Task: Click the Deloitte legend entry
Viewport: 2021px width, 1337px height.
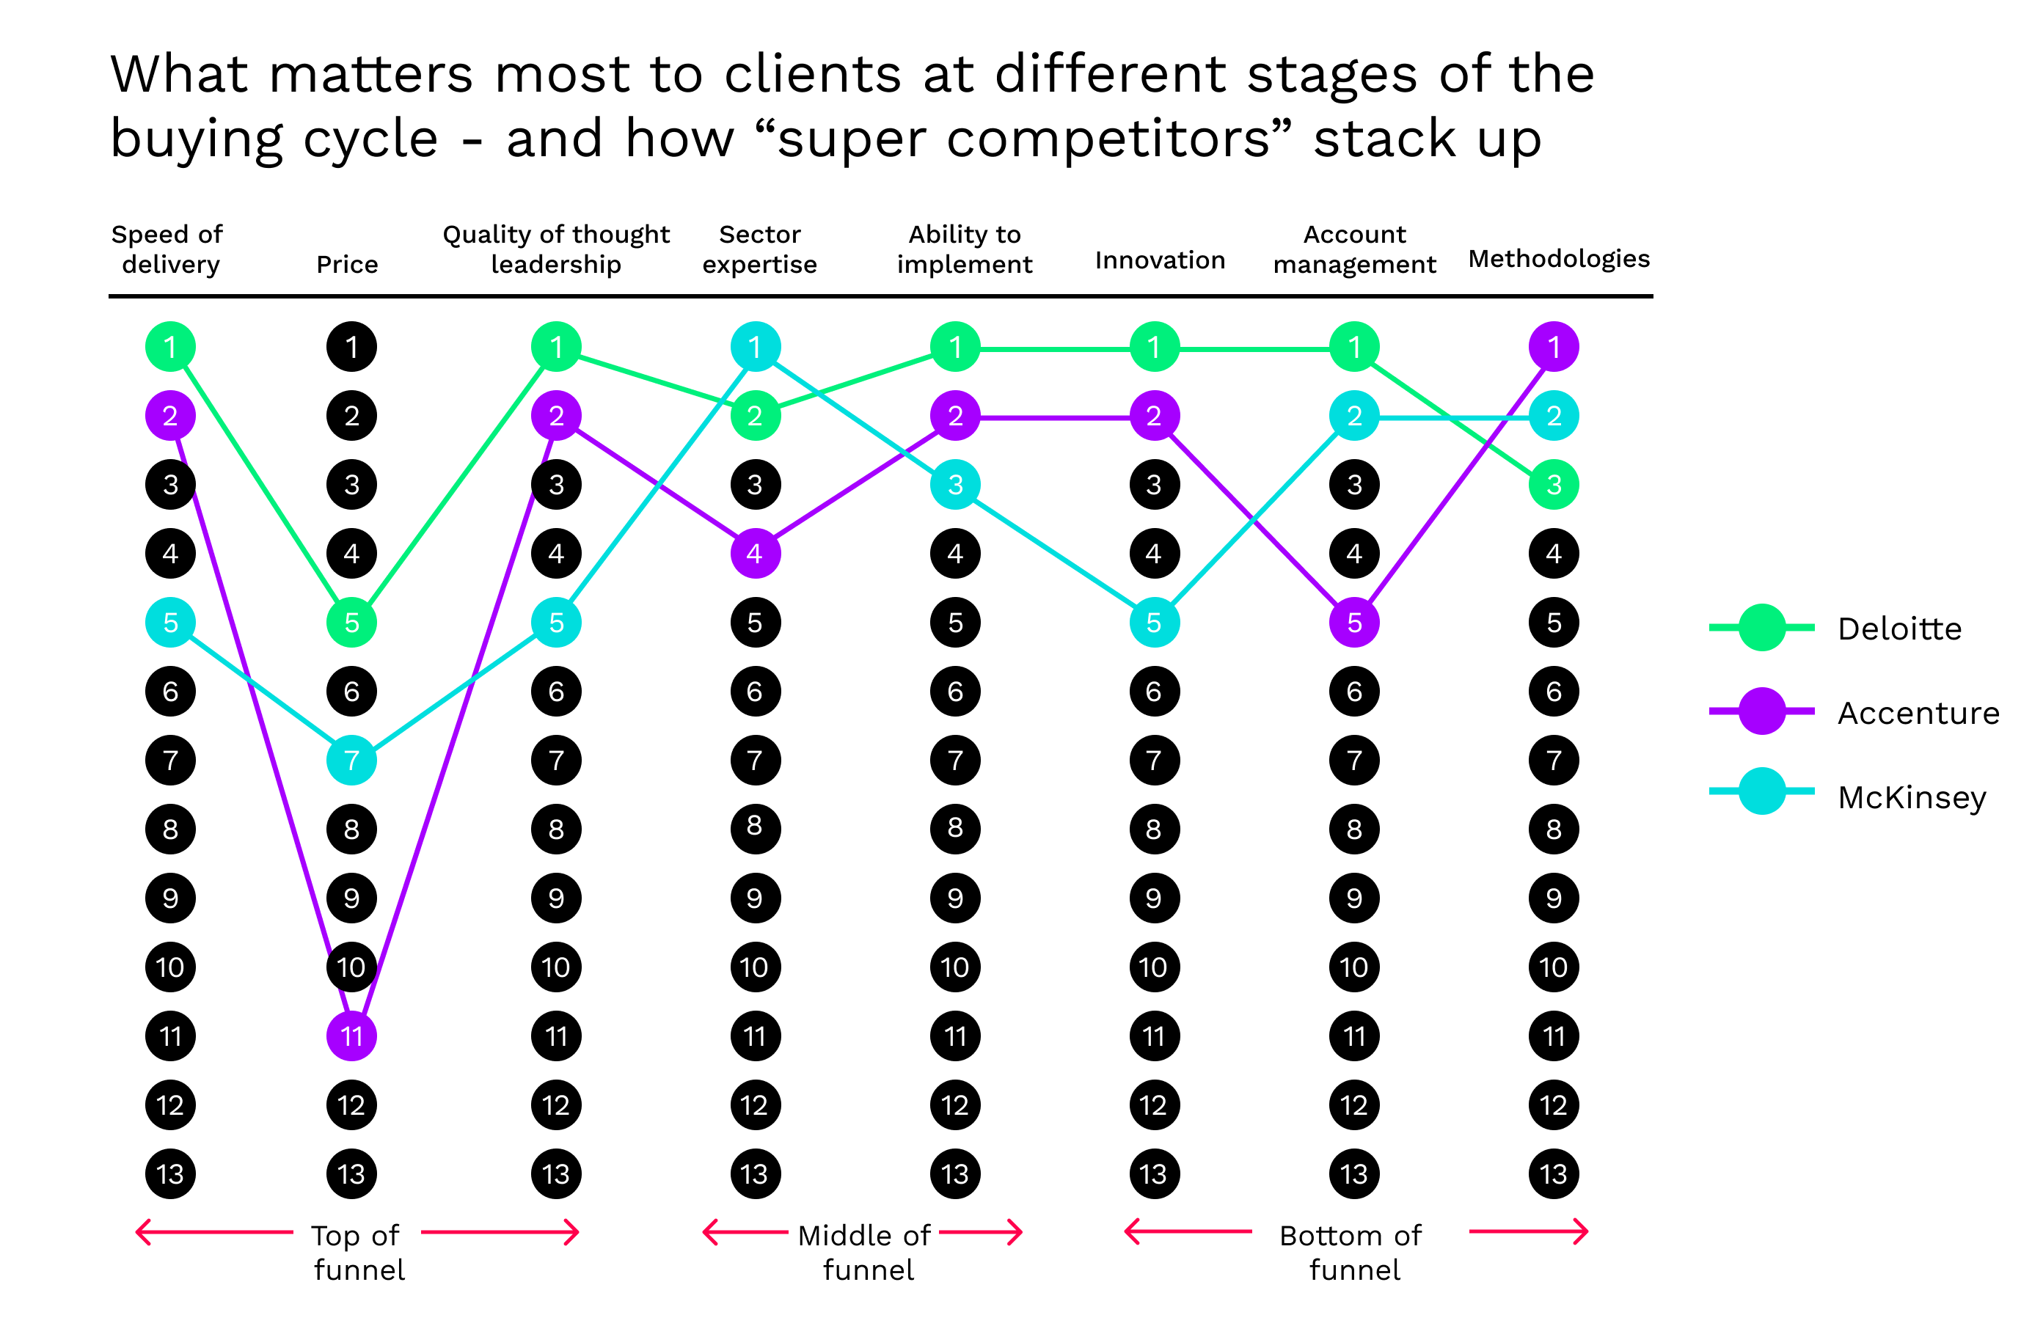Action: click(x=1898, y=629)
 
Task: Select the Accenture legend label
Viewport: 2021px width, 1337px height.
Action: click(x=1918, y=713)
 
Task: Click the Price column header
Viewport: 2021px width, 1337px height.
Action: click(x=347, y=264)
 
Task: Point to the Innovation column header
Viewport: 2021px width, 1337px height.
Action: click(x=1160, y=260)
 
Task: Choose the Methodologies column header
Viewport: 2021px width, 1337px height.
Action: click(x=1559, y=258)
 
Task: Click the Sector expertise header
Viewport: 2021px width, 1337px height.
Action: click(x=759, y=249)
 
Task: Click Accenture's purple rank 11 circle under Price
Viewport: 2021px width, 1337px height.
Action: click(x=351, y=1036)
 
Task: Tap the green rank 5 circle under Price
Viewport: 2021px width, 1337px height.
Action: click(x=351, y=623)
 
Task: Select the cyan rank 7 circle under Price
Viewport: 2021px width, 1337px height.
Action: click(x=351, y=760)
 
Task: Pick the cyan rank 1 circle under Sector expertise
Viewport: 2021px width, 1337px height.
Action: click(x=755, y=347)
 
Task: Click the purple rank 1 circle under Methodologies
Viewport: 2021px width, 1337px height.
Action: click(x=1554, y=347)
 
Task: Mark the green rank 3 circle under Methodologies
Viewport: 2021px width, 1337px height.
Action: click(x=1554, y=484)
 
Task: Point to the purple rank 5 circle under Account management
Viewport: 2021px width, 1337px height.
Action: click(x=1354, y=623)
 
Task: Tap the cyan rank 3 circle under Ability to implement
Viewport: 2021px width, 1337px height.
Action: click(x=955, y=484)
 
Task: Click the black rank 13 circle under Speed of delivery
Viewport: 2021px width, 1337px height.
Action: click(x=170, y=1174)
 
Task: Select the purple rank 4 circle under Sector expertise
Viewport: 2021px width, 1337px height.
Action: click(x=755, y=554)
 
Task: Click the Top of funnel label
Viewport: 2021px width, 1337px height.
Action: click(x=357, y=1252)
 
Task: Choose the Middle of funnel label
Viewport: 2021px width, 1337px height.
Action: click(x=866, y=1252)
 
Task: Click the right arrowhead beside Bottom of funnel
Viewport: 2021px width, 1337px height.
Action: click(x=1582, y=1231)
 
